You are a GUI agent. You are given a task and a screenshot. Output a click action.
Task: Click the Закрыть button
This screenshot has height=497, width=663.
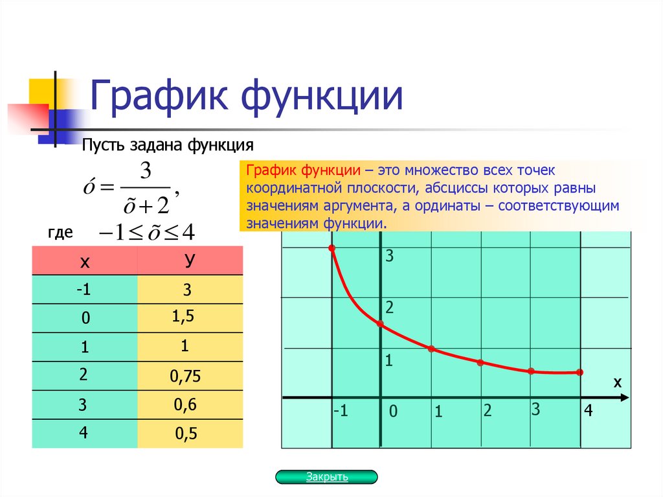tap(326, 478)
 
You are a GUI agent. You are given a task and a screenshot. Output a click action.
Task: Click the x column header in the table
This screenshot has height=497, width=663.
tap(84, 262)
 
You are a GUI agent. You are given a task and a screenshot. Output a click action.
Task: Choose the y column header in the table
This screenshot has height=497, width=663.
tap(190, 260)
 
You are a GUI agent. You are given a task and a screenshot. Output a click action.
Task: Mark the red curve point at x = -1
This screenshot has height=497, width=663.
tap(332, 249)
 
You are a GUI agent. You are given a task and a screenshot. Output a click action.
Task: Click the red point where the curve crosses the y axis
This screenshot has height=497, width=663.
tap(381, 323)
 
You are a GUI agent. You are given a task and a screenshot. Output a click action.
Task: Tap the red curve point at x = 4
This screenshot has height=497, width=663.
tap(579, 372)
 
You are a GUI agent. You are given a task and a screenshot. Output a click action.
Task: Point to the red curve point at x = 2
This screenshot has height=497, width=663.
tap(480, 362)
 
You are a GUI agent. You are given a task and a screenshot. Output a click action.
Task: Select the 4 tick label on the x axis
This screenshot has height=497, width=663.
tap(588, 410)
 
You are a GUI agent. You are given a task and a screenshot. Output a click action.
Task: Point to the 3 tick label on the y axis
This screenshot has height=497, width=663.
tap(390, 257)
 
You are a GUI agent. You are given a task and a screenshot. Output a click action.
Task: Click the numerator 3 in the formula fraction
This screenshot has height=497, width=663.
tap(146, 172)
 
